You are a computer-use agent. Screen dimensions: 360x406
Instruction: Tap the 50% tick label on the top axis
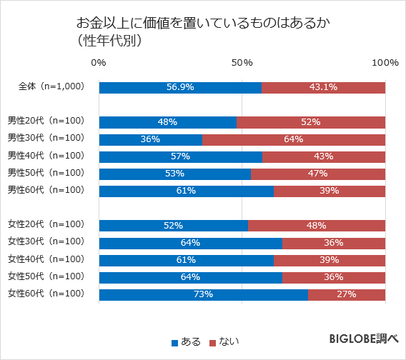(x=242, y=63)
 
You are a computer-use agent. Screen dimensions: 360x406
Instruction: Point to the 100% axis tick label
(x=385, y=63)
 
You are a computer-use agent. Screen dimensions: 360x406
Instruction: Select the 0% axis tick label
(x=99, y=63)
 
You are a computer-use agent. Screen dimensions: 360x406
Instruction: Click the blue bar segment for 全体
(x=180, y=87)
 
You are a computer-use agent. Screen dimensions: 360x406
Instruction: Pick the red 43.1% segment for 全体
(x=323, y=87)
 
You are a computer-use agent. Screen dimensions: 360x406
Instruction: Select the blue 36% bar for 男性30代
(x=151, y=139)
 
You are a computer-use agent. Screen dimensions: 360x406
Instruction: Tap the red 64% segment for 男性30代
(x=294, y=139)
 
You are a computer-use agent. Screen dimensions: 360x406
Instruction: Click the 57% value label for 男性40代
(x=180, y=156)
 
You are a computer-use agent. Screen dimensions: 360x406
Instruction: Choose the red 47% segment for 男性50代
(x=318, y=174)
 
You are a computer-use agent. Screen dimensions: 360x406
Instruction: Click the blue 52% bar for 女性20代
(x=174, y=225)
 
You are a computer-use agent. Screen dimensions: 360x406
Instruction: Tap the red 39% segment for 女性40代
(x=330, y=260)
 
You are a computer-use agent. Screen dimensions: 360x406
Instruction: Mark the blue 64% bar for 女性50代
(x=191, y=277)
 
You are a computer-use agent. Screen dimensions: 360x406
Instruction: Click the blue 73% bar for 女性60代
(x=204, y=294)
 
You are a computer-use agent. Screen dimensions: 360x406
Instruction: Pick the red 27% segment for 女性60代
(x=347, y=294)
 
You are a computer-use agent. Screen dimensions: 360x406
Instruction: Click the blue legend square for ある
(x=175, y=343)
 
